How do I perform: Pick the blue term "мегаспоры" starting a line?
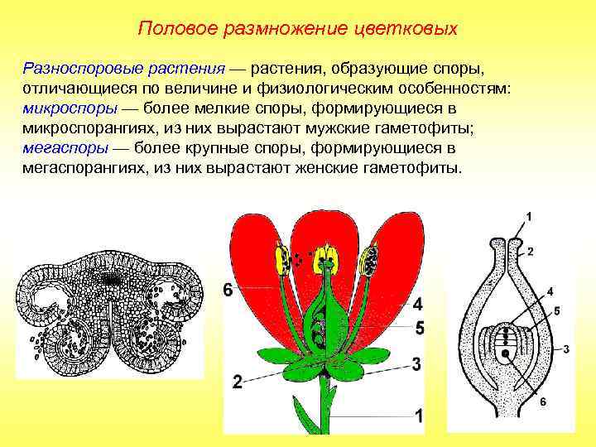(x=60, y=148)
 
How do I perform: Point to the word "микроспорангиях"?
(x=81, y=128)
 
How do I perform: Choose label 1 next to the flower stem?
(x=419, y=416)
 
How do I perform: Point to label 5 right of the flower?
(x=419, y=329)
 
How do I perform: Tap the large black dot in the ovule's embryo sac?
(x=505, y=354)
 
